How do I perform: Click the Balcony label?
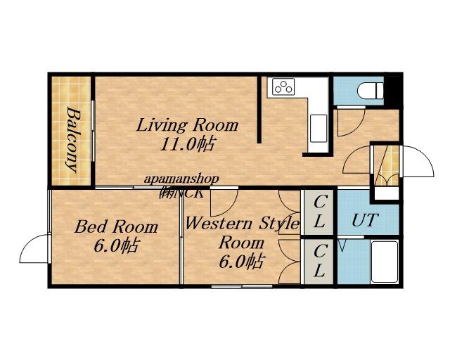point(72,139)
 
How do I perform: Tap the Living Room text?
point(187,125)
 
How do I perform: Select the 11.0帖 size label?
point(187,144)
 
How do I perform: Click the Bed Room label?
point(116,227)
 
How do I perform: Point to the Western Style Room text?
point(242,233)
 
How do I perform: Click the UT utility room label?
point(366,220)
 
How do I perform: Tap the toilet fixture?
point(371,91)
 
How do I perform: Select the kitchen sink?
point(319,128)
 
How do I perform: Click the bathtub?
point(385,262)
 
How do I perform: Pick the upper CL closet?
point(319,212)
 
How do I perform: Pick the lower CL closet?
point(319,261)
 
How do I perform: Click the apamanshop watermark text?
point(181,179)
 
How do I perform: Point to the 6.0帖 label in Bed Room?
point(117,245)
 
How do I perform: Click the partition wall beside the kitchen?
point(259,110)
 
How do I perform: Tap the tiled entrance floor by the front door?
point(387,165)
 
